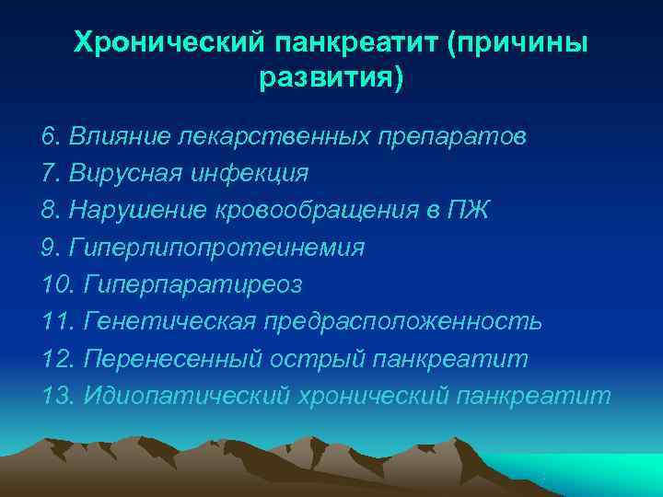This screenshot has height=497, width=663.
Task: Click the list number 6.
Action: pos(50,136)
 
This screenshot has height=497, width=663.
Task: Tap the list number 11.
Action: pos(57,322)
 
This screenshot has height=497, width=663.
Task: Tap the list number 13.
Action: pos(57,396)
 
